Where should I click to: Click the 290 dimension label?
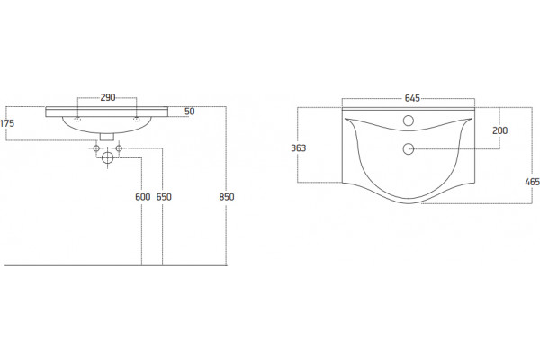(x=108, y=97)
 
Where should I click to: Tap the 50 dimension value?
(x=189, y=112)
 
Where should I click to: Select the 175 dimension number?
(x=7, y=123)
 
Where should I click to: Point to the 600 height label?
(x=143, y=197)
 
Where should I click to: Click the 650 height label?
(x=164, y=197)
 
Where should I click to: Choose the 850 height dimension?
(x=227, y=197)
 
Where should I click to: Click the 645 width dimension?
(x=412, y=98)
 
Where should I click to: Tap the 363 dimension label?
(x=299, y=148)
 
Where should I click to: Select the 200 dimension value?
(x=499, y=130)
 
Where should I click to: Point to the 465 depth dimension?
(x=533, y=182)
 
